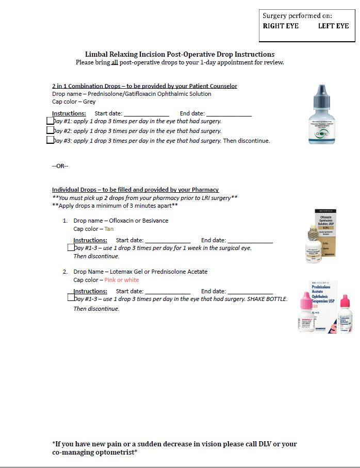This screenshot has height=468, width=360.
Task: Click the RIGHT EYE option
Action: pos(281,26)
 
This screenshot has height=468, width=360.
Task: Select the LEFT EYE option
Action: pos(333,26)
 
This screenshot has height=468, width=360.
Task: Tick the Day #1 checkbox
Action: pos(50,121)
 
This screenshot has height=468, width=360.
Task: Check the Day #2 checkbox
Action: pos(50,130)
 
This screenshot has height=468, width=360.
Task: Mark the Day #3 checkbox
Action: pos(50,140)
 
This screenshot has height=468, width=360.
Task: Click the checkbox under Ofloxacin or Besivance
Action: pos(71,247)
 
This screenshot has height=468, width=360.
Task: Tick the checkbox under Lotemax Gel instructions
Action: pos(71,297)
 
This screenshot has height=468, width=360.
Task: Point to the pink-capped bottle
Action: pos(308,309)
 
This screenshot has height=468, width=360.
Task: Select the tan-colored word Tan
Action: pos(109,229)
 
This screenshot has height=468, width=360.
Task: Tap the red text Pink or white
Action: pos(122,280)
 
